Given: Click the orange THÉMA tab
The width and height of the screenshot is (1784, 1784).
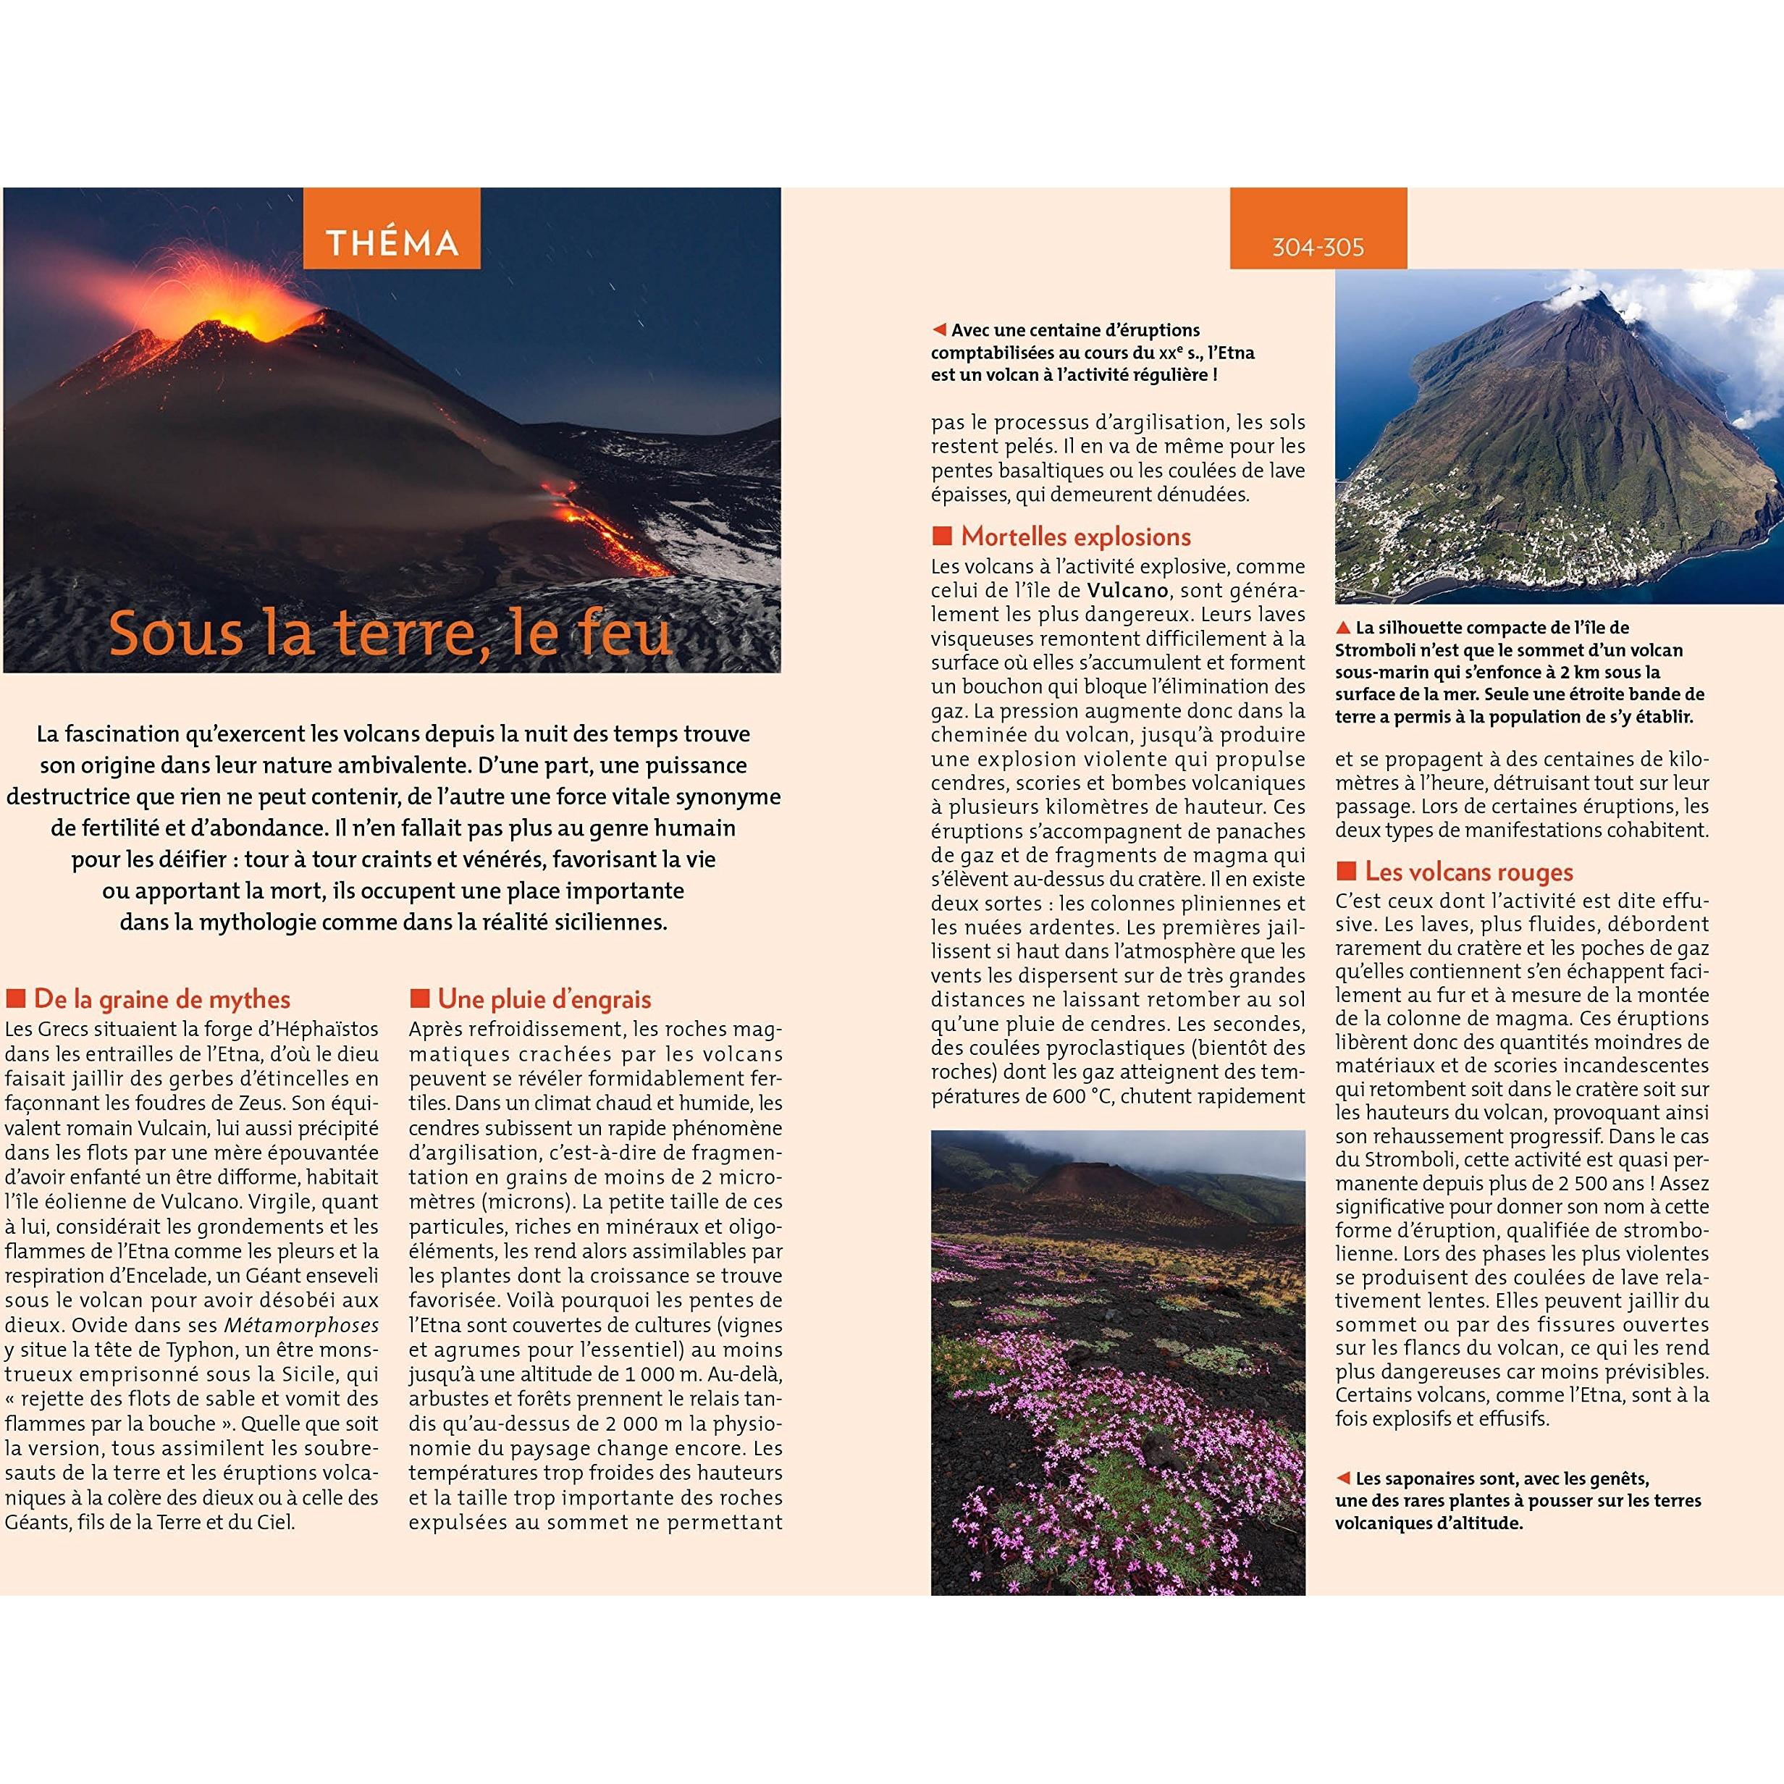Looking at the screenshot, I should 392,242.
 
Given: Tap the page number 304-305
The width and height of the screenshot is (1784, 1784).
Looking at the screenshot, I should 1318,248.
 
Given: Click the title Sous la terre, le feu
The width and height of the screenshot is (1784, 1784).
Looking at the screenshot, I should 390,634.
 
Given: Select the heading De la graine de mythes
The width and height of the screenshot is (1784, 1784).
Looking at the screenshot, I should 161,999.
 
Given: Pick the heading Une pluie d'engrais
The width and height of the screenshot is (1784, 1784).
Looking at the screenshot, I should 544,999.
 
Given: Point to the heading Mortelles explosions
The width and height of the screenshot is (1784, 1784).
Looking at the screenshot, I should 1076,537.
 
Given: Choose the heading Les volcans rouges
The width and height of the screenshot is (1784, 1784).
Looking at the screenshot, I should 1468,872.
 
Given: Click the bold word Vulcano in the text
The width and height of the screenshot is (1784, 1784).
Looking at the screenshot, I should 1127,590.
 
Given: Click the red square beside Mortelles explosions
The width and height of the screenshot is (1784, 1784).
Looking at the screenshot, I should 942,537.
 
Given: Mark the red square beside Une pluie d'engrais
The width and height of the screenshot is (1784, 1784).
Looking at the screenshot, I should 420,998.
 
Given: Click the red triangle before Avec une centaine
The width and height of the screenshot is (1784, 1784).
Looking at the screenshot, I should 939,329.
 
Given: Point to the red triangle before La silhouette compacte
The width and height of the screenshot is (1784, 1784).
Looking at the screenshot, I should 1344,628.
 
